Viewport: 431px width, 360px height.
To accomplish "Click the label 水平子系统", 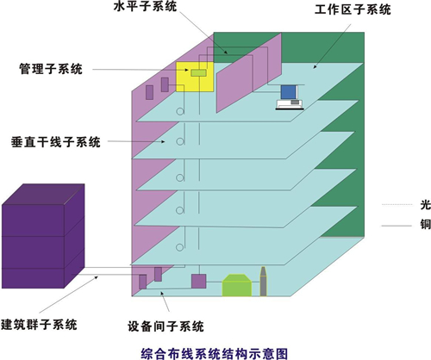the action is click(x=145, y=6).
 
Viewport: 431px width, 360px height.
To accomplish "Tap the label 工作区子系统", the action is click(x=353, y=9).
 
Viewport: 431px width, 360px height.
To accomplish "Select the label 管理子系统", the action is click(x=51, y=69).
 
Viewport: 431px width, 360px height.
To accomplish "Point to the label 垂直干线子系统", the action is click(x=56, y=142).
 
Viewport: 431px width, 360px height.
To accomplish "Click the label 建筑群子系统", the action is click(x=39, y=325).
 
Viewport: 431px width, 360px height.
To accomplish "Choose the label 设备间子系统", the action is click(x=166, y=326).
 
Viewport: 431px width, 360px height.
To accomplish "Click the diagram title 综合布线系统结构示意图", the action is click(x=214, y=354).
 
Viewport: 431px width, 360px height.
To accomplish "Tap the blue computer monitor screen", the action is click(x=288, y=92).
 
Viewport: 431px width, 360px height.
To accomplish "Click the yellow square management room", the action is click(x=195, y=77).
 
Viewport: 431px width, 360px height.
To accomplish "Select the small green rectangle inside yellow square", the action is click(x=198, y=72).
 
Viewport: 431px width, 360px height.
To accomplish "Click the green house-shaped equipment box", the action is click(x=237, y=285).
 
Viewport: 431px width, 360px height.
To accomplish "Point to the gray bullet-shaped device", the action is click(x=263, y=282).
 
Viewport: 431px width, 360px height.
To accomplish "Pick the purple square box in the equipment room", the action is click(x=199, y=282).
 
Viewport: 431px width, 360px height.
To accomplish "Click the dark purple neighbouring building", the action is click(x=43, y=236).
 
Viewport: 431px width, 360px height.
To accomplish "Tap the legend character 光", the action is click(x=426, y=205).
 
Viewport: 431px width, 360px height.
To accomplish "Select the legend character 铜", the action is click(x=426, y=224).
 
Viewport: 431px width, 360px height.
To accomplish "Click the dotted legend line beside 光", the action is click(x=397, y=204).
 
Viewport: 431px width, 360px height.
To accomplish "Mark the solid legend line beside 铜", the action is click(x=397, y=226).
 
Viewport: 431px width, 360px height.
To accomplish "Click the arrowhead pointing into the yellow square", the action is click(x=187, y=70).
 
